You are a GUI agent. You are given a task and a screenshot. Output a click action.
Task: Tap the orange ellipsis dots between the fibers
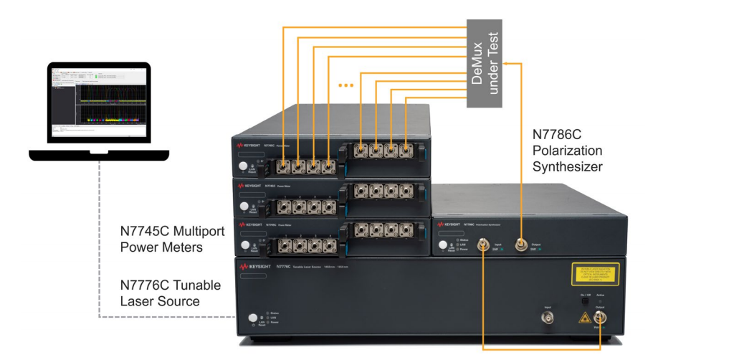coord(345,85)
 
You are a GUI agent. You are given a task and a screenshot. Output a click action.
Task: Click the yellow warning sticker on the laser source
coord(595,274)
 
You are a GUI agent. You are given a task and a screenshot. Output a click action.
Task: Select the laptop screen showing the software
coord(98,103)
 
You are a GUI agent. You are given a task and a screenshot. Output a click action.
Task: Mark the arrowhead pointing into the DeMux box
coord(505,63)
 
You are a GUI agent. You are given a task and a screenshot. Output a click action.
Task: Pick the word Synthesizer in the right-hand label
coord(567,166)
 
